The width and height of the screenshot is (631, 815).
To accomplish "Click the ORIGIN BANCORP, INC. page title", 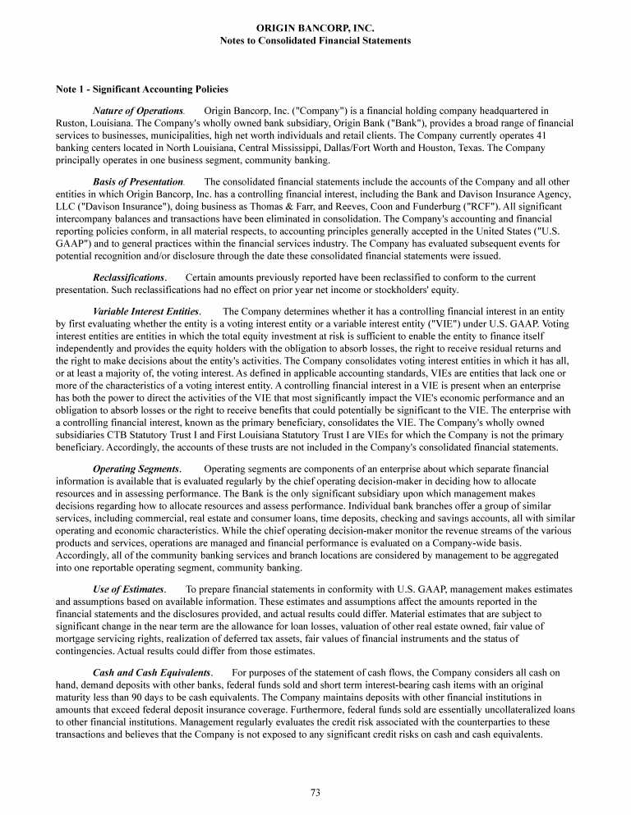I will [x=315, y=28].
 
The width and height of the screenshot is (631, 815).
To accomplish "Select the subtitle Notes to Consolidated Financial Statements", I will [x=315, y=40].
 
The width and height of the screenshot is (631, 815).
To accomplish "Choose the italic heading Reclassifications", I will [x=130, y=278].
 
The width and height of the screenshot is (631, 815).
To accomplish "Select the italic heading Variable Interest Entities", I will [x=146, y=312].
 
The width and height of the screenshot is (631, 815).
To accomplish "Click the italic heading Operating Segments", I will [x=136, y=469].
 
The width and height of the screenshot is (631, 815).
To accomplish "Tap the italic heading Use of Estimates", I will [x=129, y=589].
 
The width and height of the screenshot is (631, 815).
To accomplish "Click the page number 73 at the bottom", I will [x=315, y=791].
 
